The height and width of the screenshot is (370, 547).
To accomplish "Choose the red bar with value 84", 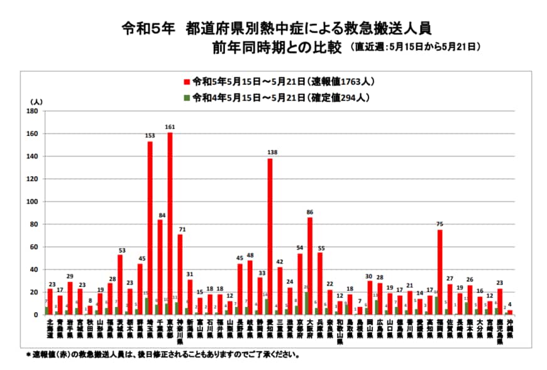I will (160, 267).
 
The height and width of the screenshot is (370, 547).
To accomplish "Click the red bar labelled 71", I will (180, 274).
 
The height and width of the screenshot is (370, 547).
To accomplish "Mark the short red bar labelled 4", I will (510, 312).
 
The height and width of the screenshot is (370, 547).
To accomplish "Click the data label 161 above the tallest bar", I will (170, 127).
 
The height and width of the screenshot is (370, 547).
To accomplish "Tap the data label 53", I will (120, 249).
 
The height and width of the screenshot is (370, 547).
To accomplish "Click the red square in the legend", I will (187, 82).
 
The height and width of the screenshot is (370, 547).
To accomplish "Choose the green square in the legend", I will (187, 98).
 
